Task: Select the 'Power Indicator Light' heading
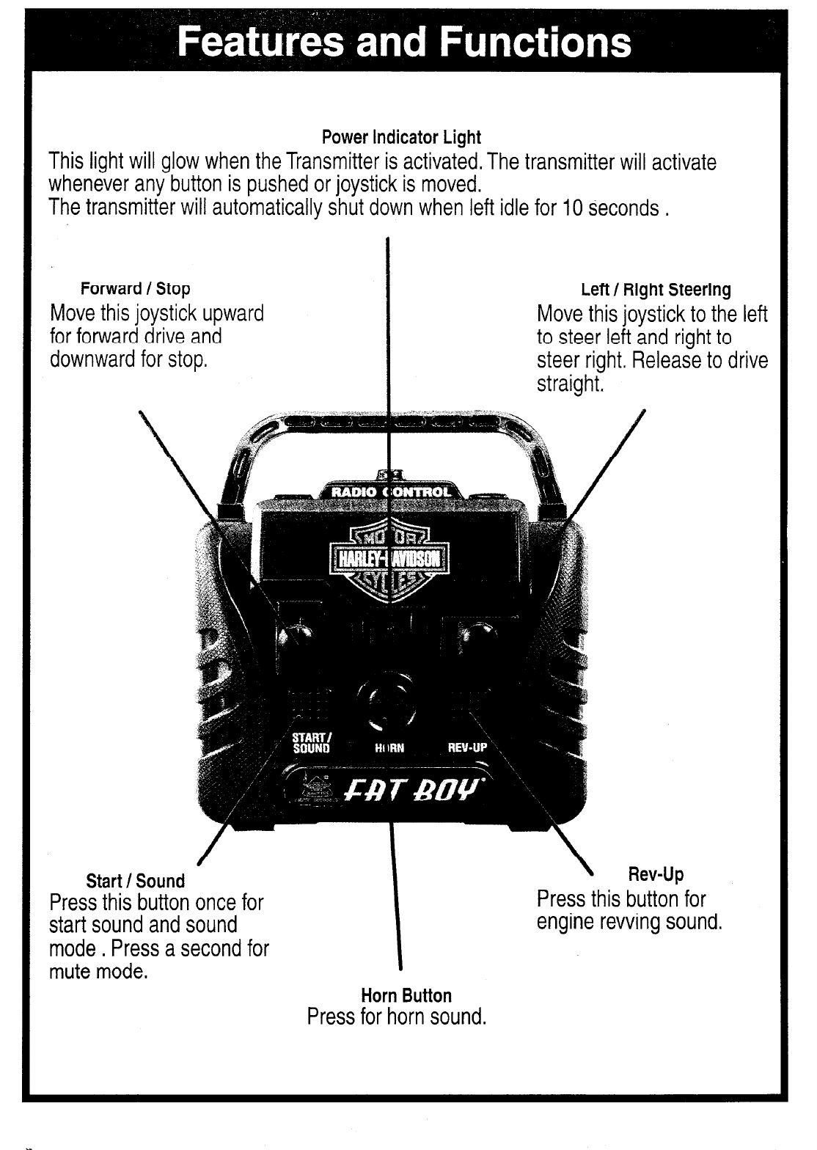[x=401, y=137]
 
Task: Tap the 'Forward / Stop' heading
[x=136, y=289]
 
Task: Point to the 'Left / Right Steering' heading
[x=656, y=290]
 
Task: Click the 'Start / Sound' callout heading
[x=136, y=880]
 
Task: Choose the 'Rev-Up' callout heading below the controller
[x=656, y=874]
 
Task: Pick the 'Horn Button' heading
[x=406, y=995]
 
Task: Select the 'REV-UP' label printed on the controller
[x=467, y=749]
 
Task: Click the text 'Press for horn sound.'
[x=397, y=1018]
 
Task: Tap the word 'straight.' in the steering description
[x=570, y=384]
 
